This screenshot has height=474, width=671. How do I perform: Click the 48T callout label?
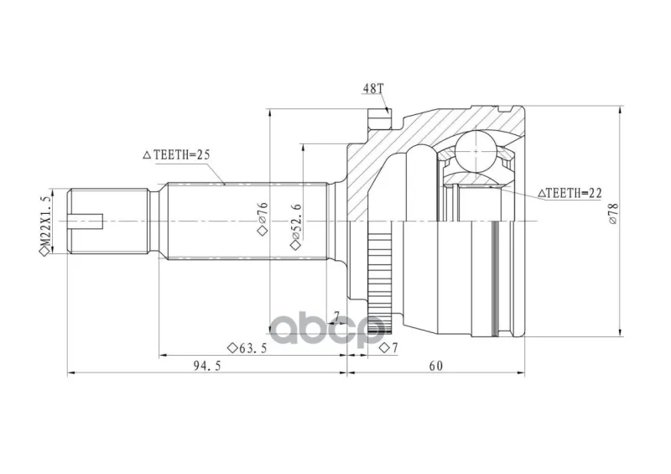(373, 89)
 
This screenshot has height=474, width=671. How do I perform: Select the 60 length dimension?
(435, 366)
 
